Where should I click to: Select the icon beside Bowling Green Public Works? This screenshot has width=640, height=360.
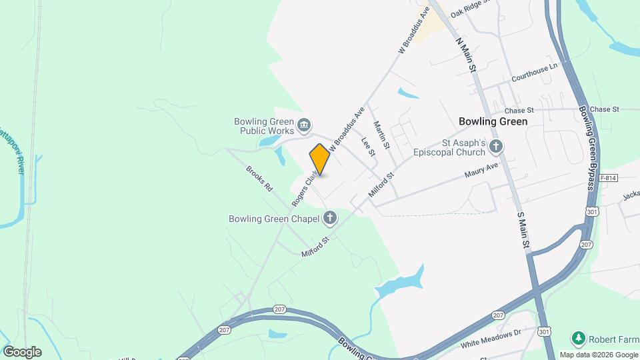point(305,124)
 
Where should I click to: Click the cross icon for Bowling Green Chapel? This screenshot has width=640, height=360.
point(329,217)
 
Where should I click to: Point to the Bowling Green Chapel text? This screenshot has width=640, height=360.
point(273,218)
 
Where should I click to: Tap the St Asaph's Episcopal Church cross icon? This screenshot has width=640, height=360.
point(495,146)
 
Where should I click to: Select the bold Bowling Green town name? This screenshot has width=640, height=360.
point(493,121)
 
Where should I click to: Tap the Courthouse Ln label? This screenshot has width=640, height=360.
point(534,73)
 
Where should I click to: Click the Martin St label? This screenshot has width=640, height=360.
point(381,135)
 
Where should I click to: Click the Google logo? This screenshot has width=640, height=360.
point(22,351)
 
